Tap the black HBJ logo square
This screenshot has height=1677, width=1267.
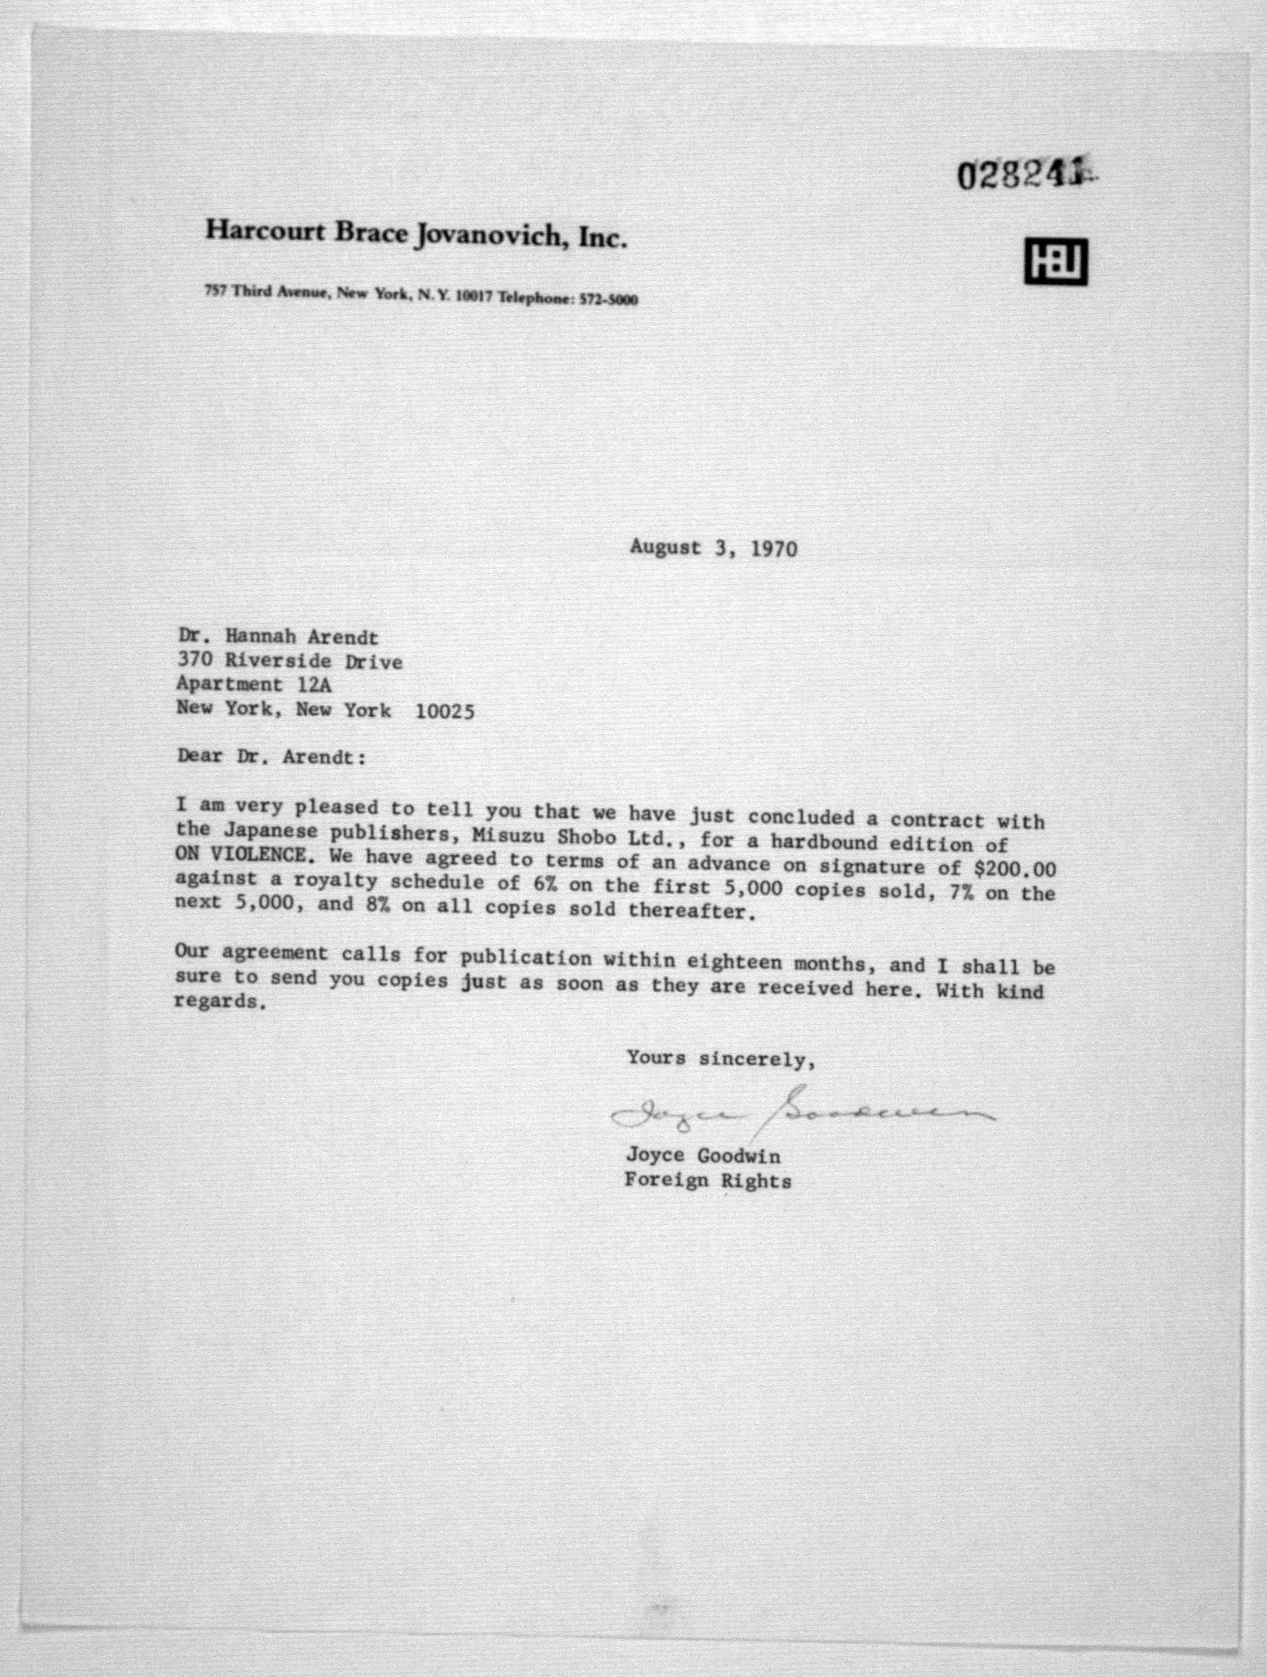(x=1056, y=262)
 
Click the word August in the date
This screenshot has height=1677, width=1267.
(x=665, y=547)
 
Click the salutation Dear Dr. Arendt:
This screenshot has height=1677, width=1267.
(x=271, y=757)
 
